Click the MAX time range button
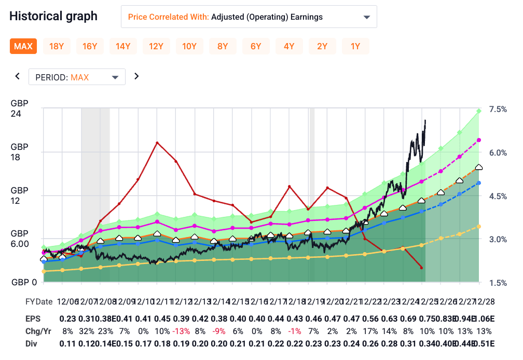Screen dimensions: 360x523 (x=23, y=46)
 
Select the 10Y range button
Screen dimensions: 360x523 (x=189, y=46)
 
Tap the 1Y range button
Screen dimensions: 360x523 (x=355, y=46)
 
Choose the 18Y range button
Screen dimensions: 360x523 (x=57, y=46)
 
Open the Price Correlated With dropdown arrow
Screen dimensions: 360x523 (x=367, y=17)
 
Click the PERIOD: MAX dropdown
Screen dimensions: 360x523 (x=77, y=77)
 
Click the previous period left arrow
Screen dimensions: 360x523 (x=17, y=76)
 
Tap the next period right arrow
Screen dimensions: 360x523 (x=136, y=76)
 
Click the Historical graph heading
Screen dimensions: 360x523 (x=53, y=16)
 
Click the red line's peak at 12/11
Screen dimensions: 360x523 (x=157, y=142)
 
